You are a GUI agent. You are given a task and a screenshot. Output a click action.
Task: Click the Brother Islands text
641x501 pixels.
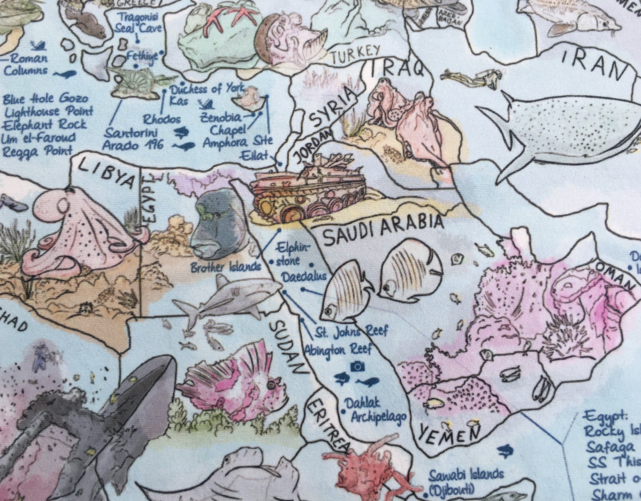226,267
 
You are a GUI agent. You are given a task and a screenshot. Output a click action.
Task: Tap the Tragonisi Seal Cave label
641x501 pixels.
138,22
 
